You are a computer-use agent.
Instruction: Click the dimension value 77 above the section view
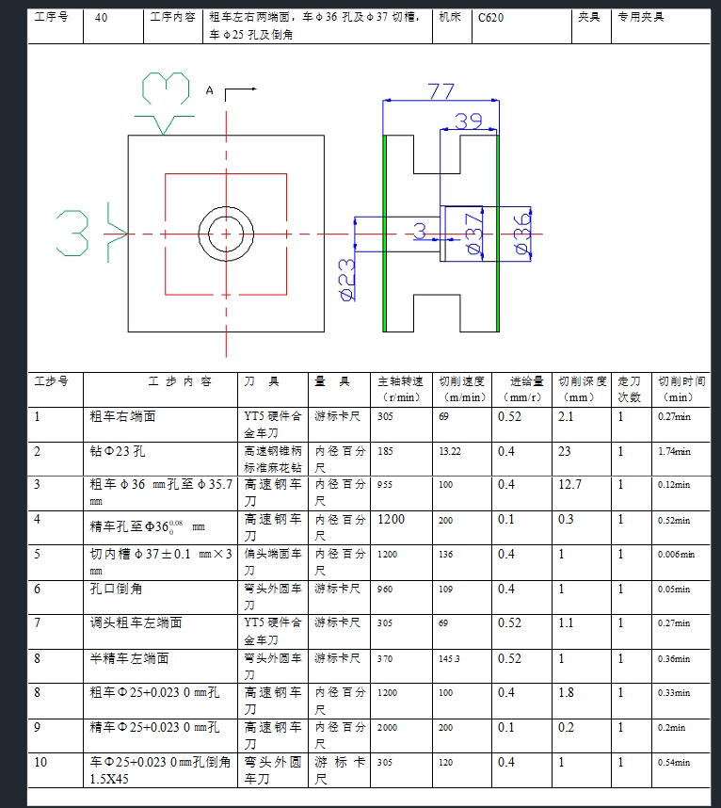[441, 91]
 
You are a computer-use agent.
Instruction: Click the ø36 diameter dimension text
[522, 233]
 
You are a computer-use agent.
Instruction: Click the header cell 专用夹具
[641, 17]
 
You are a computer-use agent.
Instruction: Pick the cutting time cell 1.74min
[674, 452]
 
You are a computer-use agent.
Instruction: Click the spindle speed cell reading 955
[386, 485]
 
